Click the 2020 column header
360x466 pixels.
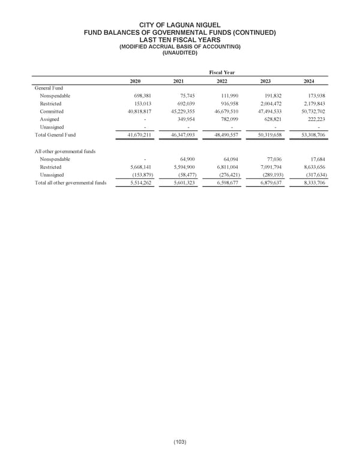click(136, 82)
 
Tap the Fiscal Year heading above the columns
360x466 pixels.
click(221, 72)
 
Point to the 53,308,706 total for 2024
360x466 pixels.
click(313, 135)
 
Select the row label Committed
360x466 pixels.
click(53, 112)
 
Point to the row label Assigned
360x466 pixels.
click(50, 120)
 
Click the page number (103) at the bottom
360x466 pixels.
click(179, 443)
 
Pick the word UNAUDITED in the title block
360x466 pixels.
click(179, 52)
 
